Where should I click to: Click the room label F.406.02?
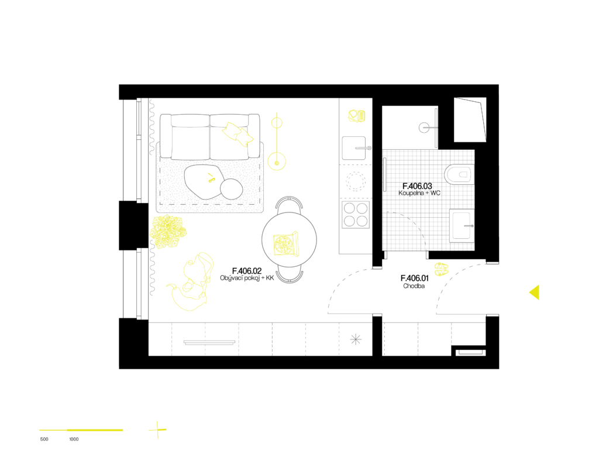click(247, 272)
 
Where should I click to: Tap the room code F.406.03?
click(417, 186)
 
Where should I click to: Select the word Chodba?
click(414, 286)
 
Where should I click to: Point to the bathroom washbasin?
click(462, 225)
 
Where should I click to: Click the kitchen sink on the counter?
click(354, 148)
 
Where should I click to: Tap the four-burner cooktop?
click(355, 215)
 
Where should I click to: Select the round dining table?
click(289, 239)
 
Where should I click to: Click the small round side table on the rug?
click(231, 188)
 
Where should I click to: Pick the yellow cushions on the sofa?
click(237, 133)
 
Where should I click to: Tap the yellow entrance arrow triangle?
click(534, 292)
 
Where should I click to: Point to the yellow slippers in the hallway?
click(441, 269)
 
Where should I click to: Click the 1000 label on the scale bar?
click(74, 440)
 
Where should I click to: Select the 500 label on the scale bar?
click(44, 440)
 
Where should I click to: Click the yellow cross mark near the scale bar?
click(157, 430)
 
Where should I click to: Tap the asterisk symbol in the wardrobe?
click(356, 339)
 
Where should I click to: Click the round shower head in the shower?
click(424, 128)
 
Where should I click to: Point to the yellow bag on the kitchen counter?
click(357, 116)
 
